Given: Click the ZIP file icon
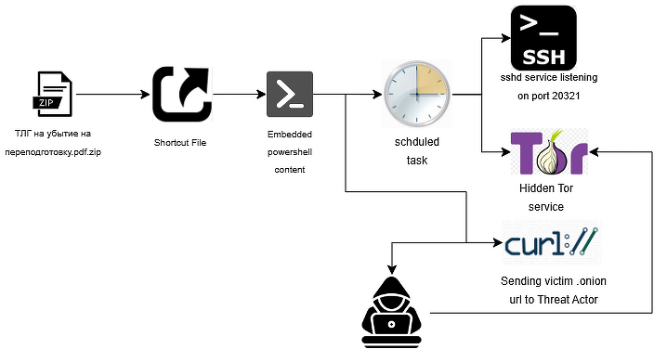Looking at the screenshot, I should pyautogui.click(x=52, y=95).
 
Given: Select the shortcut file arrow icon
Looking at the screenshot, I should pyautogui.click(x=181, y=94).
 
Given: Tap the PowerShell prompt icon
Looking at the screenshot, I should pyautogui.click(x=289, y=95).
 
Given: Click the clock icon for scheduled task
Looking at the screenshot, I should pyautogui.click(x=417, y=95).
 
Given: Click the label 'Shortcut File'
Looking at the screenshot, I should pyautogui.click(x=180, y=143).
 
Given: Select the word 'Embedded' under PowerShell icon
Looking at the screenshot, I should pyautogui.click(x=290, y=136).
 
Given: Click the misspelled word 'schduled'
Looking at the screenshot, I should pyautogui.click(x=417, y=143).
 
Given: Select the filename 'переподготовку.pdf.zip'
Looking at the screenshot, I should pyautogui.click(x=52, y=151).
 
